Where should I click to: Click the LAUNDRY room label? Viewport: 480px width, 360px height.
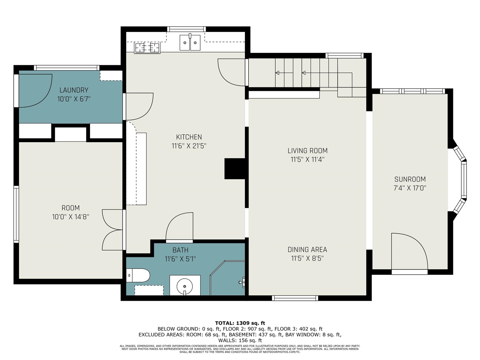[x=74, y=90]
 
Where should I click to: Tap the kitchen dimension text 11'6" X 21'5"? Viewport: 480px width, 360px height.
[x=189, y=146]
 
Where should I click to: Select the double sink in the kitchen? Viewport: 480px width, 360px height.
[x=190, y=42]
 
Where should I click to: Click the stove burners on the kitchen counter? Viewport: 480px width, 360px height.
[x=147, y=48]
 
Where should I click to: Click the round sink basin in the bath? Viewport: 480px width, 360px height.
[x=184, y=286]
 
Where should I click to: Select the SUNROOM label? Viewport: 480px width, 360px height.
[x=410, y=179]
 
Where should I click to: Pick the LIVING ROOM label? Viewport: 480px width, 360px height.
[x=307, y=151]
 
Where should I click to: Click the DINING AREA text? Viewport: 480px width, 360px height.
[x=307, y=249]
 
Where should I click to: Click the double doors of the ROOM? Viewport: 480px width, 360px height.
[x=112, y=229]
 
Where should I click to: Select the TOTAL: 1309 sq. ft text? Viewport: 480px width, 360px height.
[x=240, y=323]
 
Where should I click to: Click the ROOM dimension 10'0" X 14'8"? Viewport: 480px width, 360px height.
[x=71, y=217]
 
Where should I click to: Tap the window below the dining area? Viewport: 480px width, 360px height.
[x=295, y=298]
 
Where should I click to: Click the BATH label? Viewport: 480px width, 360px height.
[x=180, y=250]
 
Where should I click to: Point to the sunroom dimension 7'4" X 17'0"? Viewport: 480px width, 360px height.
[x=410, y=188]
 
